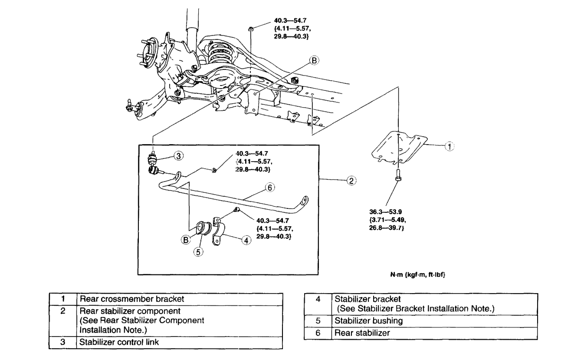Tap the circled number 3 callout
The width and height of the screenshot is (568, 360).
[x=179, y=155]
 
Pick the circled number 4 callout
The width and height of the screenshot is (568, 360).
[x=246, y=239]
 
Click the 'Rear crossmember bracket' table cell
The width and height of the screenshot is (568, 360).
[x=180, y=299]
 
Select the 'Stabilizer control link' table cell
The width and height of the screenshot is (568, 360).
[x=180, y=343]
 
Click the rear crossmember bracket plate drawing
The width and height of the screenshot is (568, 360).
[x=397, y=148]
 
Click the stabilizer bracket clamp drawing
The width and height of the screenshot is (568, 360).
[x=219, y=232]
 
